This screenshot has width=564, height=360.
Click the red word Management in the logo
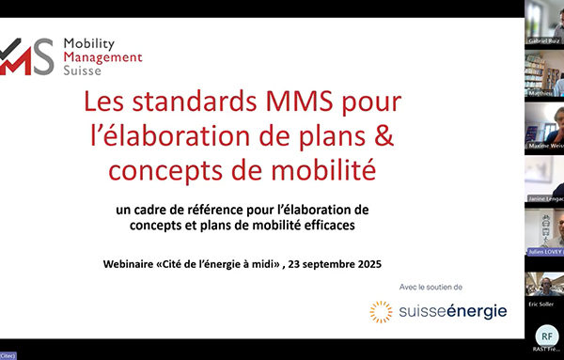click(x=102, y=56)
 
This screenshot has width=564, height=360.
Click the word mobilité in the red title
click(x=315, y=171)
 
